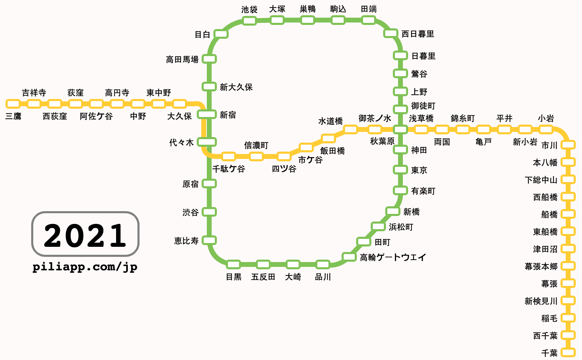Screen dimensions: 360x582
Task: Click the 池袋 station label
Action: pyautogui.click(x=249, y=9)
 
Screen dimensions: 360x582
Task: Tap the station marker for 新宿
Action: pyautogui.click(x=207, y=114)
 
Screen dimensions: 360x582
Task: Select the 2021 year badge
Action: pyautogui.click(x=85, y=234)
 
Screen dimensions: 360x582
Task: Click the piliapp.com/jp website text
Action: pyautogui.click(x=85, y=267)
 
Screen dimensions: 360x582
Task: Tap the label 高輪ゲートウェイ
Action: pyautogui.click(x=393, y=258)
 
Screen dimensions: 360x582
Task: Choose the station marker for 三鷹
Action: pyautogui.click(x=13, y=103)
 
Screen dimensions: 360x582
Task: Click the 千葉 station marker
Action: pyautogui.click(x=568, y=353)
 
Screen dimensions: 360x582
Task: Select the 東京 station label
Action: pyautogui.click(x=419, y=170)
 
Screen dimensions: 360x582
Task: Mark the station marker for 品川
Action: pyautogui.click(x=323, y=265)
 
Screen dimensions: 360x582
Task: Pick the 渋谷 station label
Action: pyautogui.click(x=191, y=212)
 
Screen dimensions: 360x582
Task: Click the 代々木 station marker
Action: pyautogui.click(x=207, y=142)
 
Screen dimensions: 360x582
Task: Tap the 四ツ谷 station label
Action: pyautogui.click(x=284, y=169)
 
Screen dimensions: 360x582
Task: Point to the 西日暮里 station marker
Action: pyautogui.click(x=390, y=34)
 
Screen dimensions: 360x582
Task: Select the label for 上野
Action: pyautogui.click(x=419, y=92)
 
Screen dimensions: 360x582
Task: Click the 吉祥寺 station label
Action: pyautogui.click(x=34, y=93)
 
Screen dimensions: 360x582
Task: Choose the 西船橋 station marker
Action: pyautogui.click(x=568, y=197)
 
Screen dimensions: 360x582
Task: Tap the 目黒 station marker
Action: pyautogui.click(x=233, y=265)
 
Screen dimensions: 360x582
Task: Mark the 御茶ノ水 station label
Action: pyautogui.click(x=375, y=118)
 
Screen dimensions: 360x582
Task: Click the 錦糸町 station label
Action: pyautogui.click(x=462, y=118)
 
